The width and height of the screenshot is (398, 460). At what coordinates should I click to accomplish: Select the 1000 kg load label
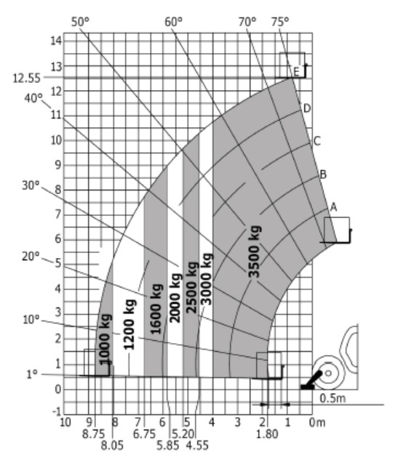pos(105,339)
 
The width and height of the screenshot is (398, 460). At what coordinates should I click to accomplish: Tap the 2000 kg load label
pos(175,298)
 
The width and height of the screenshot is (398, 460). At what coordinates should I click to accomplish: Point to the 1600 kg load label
pos(156,309)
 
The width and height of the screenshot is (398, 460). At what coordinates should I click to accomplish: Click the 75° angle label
pos(280,22)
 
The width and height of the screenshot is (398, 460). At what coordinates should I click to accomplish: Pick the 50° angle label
pos(80,22)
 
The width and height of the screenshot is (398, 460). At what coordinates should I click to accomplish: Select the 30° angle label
pos(31,185)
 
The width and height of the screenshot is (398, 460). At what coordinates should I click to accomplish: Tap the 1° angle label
pos(32,374)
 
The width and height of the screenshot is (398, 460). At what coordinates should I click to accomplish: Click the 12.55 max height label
pos(26,78)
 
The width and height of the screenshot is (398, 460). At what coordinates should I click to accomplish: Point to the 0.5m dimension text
pos(333,398)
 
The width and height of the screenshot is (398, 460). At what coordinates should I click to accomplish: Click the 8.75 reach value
pos(93,434)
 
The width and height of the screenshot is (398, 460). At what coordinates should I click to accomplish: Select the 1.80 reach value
pos(267,434)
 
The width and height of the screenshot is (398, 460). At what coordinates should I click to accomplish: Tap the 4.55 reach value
pos(197,445)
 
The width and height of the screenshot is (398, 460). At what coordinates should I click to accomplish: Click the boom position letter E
pos(296,72)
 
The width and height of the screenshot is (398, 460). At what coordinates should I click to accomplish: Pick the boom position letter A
pos(333,207)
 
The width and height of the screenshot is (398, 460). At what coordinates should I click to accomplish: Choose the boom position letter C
pos(317,141)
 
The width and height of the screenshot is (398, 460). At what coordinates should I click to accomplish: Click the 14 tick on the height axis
pos(57,41)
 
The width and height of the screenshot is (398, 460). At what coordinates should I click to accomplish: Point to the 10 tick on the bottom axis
pos(65,422)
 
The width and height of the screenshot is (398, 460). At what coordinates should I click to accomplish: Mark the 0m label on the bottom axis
pos(317,422)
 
